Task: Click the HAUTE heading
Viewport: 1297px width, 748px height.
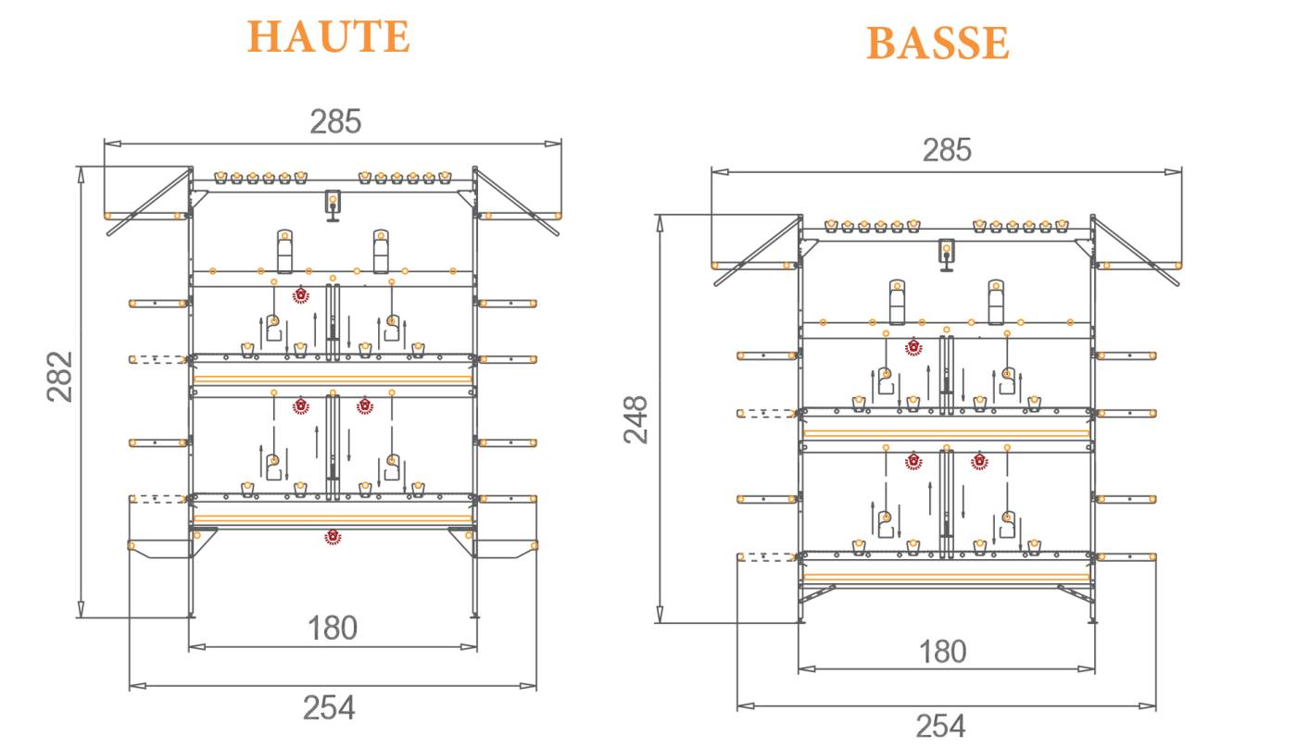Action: tap(328, 37)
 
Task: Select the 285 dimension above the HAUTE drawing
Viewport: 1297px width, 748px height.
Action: tap(334, 121)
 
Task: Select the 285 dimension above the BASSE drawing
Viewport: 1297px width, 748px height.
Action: tap(947, 150)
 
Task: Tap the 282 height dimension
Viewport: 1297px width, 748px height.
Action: tap(60, 376)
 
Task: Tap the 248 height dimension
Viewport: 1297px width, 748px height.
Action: tap(636, 418)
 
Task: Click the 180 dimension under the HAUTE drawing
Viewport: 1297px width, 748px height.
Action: tap(333, 629)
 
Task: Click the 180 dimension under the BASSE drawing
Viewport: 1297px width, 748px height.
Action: tap(943, 652)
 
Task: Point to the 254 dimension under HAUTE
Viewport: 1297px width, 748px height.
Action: tap(329, 708)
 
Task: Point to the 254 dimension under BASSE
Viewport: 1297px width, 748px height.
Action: tap(940, 725)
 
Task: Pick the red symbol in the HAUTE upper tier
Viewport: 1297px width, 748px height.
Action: tap(300, 295)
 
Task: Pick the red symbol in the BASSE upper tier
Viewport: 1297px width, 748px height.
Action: tap(913, 346)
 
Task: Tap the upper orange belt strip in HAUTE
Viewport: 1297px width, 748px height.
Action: tap(333, 379)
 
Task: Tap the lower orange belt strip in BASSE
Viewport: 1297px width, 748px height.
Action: tap(946, 577)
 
